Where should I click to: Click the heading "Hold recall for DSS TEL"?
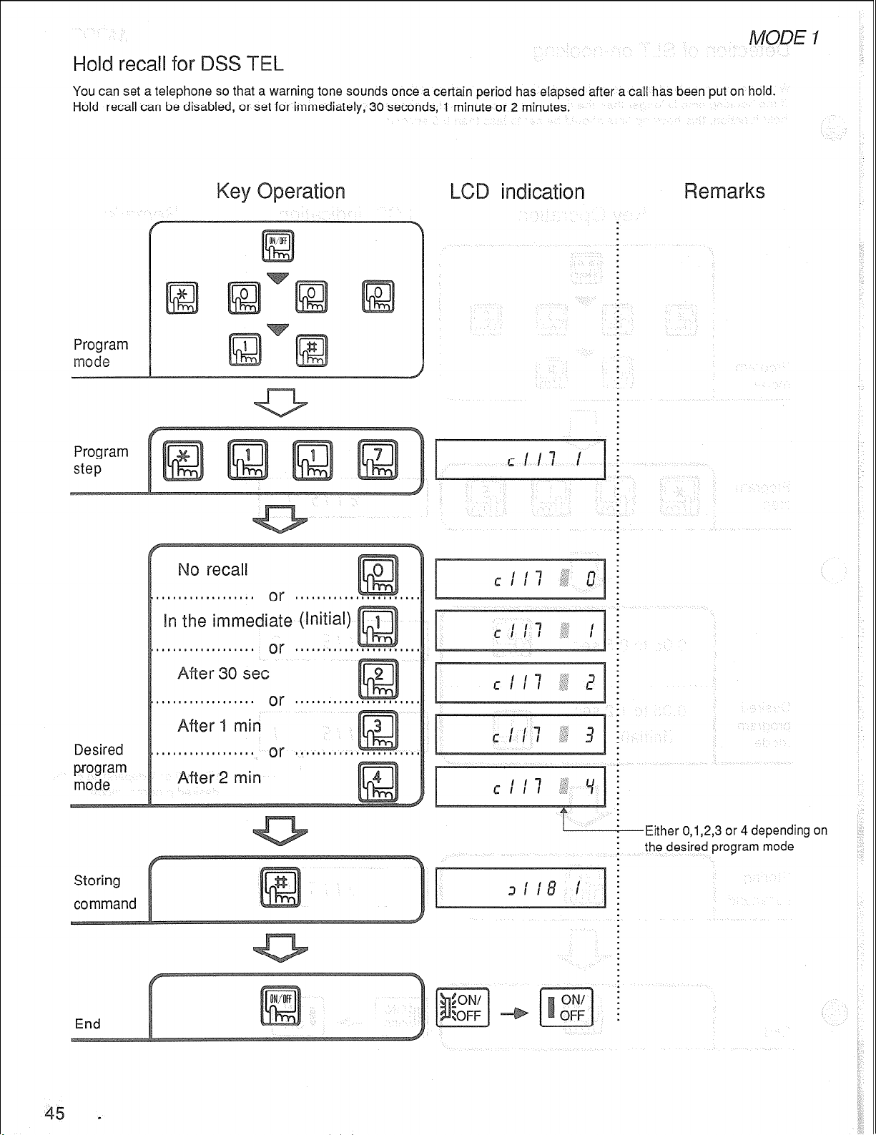(178, 64)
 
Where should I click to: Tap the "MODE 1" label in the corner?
(784, 37)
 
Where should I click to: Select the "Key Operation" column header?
(280, 192)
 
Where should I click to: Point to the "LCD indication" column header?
(516, 192)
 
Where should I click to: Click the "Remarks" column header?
(724, 192)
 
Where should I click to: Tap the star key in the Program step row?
(183, 460)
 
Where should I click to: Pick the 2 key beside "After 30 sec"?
(378, 679)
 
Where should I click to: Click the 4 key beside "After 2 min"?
(378, 782)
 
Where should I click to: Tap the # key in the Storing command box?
(280, 887)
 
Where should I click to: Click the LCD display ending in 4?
(520, 787)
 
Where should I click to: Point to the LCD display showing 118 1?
(520, 888)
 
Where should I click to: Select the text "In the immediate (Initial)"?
(257, 620)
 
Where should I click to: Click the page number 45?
(54, 1113)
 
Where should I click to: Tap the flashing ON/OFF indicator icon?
(463, 1007)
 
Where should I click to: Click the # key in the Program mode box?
(312, 350)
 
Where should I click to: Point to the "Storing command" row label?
(104, 892)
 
